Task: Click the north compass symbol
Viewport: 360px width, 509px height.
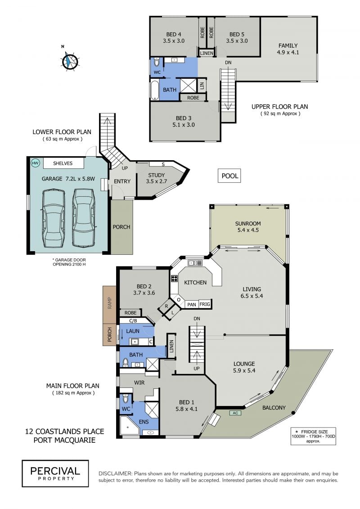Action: point(70,61)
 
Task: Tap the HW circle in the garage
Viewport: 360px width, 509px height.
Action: point(35,163)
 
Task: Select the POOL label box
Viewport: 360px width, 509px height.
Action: point(230,176)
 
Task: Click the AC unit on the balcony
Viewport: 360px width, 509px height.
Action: point(235,413)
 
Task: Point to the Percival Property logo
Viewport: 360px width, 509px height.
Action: point(55,473)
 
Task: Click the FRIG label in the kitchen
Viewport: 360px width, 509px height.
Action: point(204,304)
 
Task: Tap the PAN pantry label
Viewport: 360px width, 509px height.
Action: point(192,304)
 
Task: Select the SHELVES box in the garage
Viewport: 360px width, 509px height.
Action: point(63,163)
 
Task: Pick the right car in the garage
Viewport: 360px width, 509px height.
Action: point(84,217)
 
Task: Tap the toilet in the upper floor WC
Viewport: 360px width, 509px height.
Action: point(157,62)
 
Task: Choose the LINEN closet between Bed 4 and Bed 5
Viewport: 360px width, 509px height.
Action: point(207,53)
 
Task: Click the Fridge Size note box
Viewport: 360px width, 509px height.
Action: point(313,436)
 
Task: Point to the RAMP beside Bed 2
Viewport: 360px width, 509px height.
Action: point(110,305)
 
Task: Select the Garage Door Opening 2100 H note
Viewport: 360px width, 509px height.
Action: point(69,262)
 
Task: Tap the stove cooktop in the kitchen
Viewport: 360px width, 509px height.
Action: point(174,279)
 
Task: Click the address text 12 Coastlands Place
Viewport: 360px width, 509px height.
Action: point(65,432)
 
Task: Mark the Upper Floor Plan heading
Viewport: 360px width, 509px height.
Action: point(280,107)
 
